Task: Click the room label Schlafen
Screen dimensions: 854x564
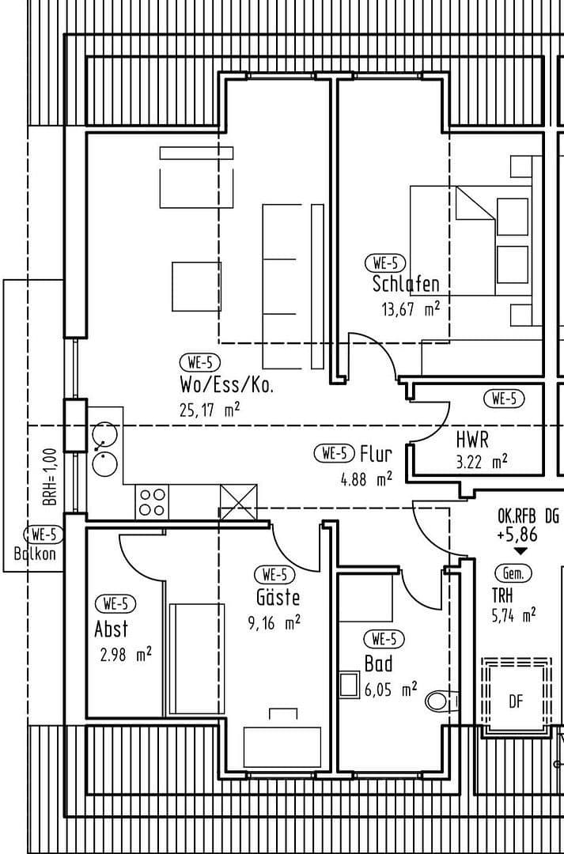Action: point(405,284)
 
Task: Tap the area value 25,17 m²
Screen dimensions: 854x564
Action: point(210,410)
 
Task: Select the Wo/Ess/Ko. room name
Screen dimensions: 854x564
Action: point(227,387)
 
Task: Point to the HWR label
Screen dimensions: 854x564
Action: point(472,439)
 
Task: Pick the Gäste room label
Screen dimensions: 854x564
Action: point(278,597)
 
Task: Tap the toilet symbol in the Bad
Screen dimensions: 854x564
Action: point(439,701)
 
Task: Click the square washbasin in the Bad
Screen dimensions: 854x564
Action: point(349,684)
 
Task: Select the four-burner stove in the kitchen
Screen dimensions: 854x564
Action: point(153,502)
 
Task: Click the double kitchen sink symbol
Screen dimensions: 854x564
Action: point(104,448)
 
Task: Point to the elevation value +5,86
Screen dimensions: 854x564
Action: point(517,535)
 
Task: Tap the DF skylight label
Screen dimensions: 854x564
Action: point(516,701)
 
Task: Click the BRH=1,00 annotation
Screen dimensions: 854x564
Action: point(50,477)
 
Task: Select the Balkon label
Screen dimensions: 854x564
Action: point(36,554)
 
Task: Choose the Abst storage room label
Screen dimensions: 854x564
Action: point(111,630)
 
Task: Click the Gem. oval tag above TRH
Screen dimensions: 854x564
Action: point(512,572)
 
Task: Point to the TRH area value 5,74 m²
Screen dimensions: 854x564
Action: point(513,614)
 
